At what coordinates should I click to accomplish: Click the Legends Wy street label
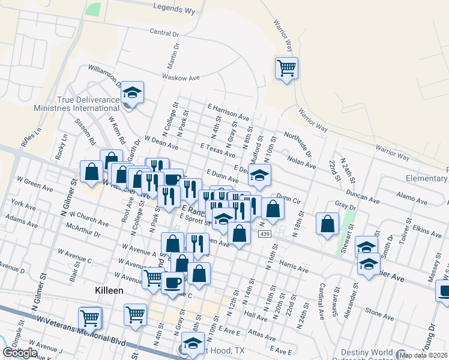pyautogui.click(x=174, y=8)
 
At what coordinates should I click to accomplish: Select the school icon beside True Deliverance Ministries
pyautogui.click(x=132, y=92)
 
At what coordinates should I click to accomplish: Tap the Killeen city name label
pyautogui.click(x=109, y=290)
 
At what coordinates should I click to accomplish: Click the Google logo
pyautogui.click(x=20, y=353)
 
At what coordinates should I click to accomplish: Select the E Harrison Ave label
pyautogui.click(x=228, y=111)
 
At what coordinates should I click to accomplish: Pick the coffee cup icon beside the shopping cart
pyautogui.click(x=173, y=282)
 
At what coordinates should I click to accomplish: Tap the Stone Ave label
pyautogui.click(x=379, y=312)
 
